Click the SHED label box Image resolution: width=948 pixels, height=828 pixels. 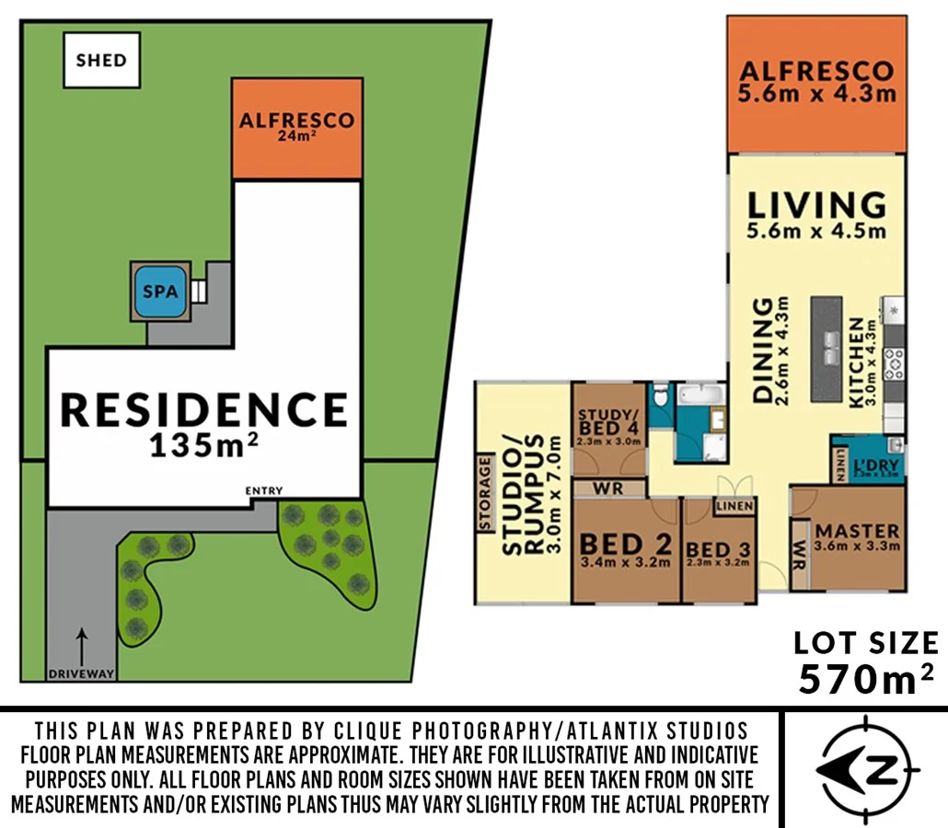pyautogui.click(x=101, y=61)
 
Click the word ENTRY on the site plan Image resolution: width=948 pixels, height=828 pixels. pyautogui.click(x=264, y=491)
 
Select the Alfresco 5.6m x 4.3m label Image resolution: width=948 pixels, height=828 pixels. pyautogui.click(x=816, y=81)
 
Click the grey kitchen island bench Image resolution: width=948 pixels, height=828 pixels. pyautogui.click(x=827, y=350)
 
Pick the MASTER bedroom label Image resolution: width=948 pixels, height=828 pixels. pyautogui.click(x=857, y=536)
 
